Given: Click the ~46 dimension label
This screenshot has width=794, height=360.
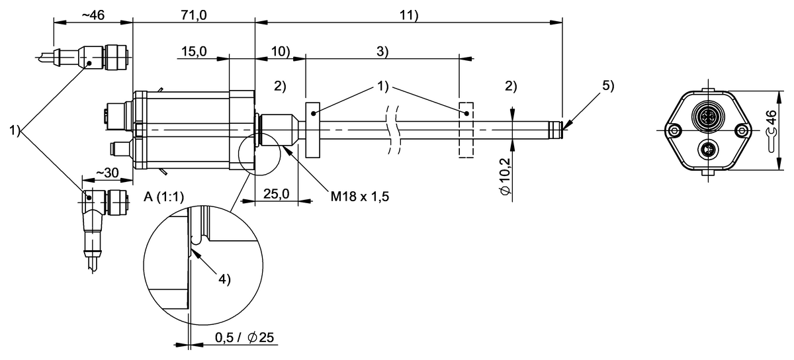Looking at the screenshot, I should pos(92,15).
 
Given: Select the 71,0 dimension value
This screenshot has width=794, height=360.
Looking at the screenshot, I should pos(193,15).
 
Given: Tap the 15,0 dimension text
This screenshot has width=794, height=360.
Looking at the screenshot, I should pos(194,51).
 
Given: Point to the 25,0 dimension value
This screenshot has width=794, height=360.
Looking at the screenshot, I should pos(277,195).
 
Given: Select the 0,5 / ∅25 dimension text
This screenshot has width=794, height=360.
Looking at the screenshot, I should pos(244,337).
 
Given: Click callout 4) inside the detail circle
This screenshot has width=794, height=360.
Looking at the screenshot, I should pos(224,279).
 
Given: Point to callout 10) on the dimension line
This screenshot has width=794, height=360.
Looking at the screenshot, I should pos(280,51).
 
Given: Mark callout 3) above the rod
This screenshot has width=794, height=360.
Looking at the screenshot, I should pos(382,51).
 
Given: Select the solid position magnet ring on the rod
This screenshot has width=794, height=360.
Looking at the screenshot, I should pos(312,130).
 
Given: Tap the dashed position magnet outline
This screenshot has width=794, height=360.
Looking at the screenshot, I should pos(466,130).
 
